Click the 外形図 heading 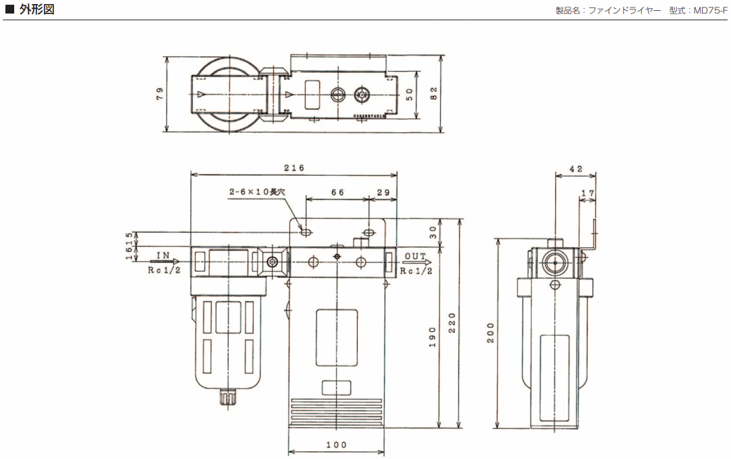pos(37,9)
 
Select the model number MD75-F pos(711,10)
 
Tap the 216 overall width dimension pos(294,168)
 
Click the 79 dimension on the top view pos(160,94)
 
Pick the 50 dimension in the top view pos(409,94)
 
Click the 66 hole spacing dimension pos(337,193)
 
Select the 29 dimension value pos(383,193)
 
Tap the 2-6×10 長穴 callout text pos(258,192)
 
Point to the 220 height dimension pos(452,324)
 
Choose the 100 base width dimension pos(336,445)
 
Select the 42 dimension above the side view pos(575,169)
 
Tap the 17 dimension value pos(588,193)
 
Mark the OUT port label pos(415,256)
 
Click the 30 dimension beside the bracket pos(433,232)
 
